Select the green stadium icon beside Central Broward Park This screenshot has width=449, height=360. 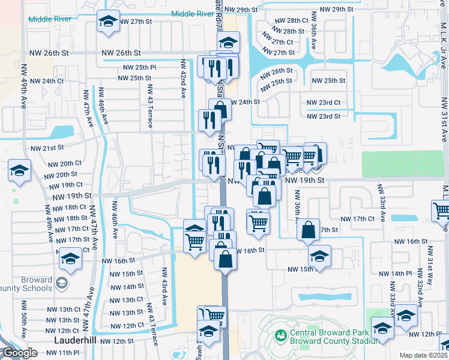pos(279,335)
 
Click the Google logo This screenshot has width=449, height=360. pos(20,353)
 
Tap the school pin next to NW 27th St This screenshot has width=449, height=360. pos(107,22)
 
